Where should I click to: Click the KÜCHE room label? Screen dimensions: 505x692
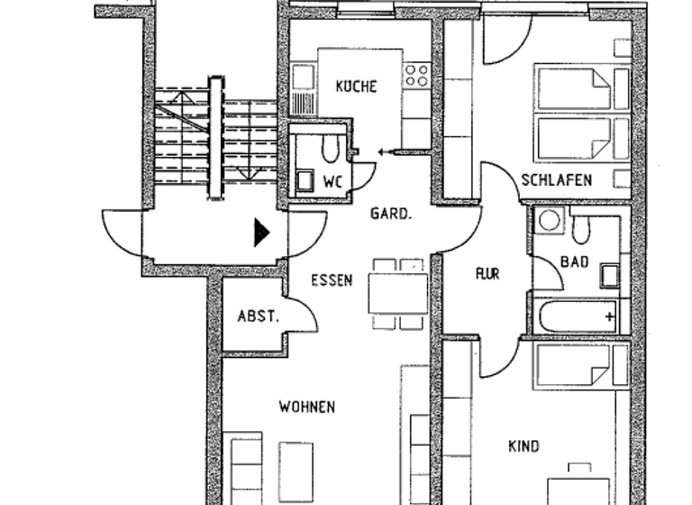(x=356, y=87)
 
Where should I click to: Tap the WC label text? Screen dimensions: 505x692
(x=332, y=181)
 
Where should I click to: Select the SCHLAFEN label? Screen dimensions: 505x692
(x=557, y=180)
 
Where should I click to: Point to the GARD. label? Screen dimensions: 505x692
(x=391, y=215)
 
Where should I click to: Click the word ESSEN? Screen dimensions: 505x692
(x=332, y=280)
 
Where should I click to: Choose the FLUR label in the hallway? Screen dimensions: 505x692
(x=487, y=273)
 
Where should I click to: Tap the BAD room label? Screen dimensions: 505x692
(x=574, y=262)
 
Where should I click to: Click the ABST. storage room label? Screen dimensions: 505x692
(x=258, y=317)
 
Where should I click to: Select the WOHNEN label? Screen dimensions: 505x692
(x=306, y=408)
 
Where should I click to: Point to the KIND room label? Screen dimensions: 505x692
(x=524, y=446)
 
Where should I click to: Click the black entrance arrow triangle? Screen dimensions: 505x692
(x=261, y=233)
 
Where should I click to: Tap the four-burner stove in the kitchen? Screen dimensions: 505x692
(x=416, y=75)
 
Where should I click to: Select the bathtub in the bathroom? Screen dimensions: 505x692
(x=576, y=317)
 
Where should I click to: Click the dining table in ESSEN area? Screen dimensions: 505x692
(x=397, y=292)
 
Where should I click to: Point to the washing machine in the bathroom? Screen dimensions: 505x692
(x=548, y=220)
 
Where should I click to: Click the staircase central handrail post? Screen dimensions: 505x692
(x=215, y=137)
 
